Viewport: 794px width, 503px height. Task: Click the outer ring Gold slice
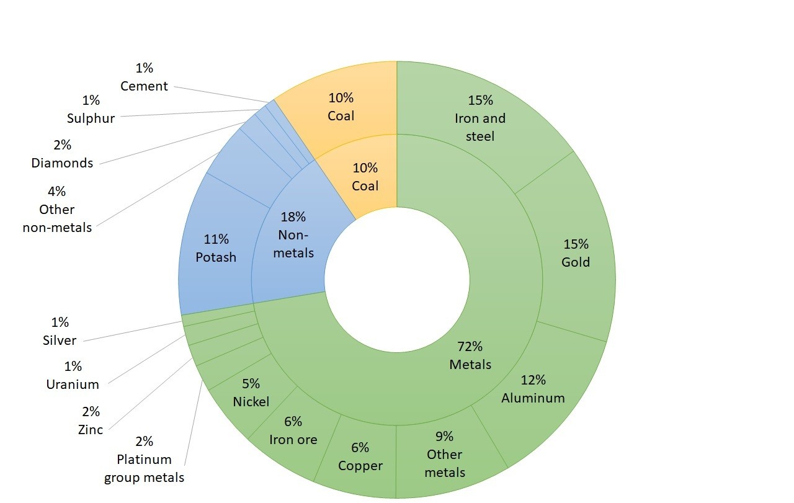point(575,253)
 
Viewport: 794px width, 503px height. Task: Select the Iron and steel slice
point(480,127)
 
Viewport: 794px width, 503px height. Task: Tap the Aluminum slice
point(533,389)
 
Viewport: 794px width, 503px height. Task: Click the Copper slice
point(360,456)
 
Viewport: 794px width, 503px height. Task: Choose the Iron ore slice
point(293,430)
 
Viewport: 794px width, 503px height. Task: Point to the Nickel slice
point(251,393)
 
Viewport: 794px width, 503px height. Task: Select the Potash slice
point(216,248)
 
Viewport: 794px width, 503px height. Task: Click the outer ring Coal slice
point(341,107)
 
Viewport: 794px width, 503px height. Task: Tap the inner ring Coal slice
point(365,177)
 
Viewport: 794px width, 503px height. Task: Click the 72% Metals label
point(470,355)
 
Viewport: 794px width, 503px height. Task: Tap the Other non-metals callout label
point(57,210)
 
